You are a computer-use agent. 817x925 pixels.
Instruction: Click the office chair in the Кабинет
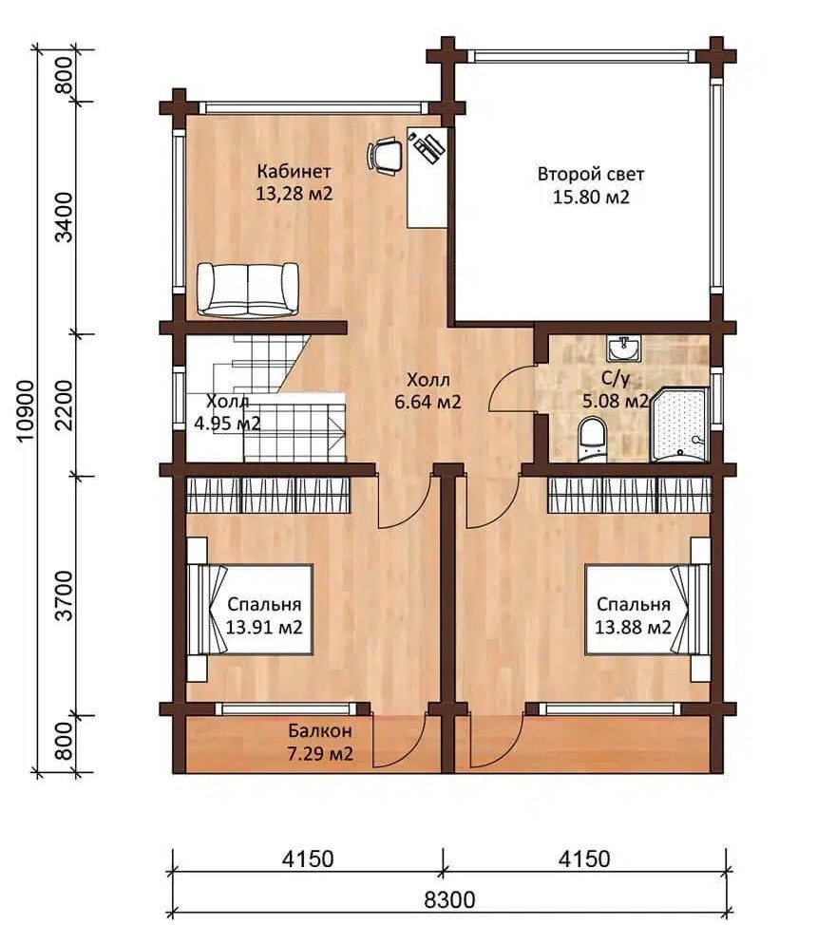tap(384, 156)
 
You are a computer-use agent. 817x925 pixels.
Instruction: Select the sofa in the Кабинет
tap(247, 289)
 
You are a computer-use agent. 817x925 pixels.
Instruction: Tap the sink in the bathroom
tap(623, 349)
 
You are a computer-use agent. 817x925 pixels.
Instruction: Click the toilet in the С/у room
tap(592, 439)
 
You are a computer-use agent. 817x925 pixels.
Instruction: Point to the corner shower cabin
tap(679, 425)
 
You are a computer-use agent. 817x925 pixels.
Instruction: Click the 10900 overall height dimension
tap(27, 410)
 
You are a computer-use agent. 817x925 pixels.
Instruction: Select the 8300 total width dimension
tap(449, 900)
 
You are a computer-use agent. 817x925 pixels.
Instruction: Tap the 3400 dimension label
tap(64, 217)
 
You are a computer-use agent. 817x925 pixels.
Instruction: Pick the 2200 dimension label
tap(64, 405)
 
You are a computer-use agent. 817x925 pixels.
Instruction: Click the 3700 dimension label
tap(64, 595)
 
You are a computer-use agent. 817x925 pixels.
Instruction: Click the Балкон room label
tap(320, 731)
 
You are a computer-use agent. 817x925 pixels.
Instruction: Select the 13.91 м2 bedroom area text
tap(264, 627)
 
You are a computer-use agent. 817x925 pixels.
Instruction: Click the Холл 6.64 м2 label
tap(428, 390)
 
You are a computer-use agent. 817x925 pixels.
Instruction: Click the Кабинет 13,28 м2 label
tap(294, 182)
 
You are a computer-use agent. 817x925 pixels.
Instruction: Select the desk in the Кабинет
tap(427, 177)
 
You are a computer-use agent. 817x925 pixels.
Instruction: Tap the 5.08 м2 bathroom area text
tap(616, 401)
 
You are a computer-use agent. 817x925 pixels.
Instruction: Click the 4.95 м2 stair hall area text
tap(227, 424)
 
